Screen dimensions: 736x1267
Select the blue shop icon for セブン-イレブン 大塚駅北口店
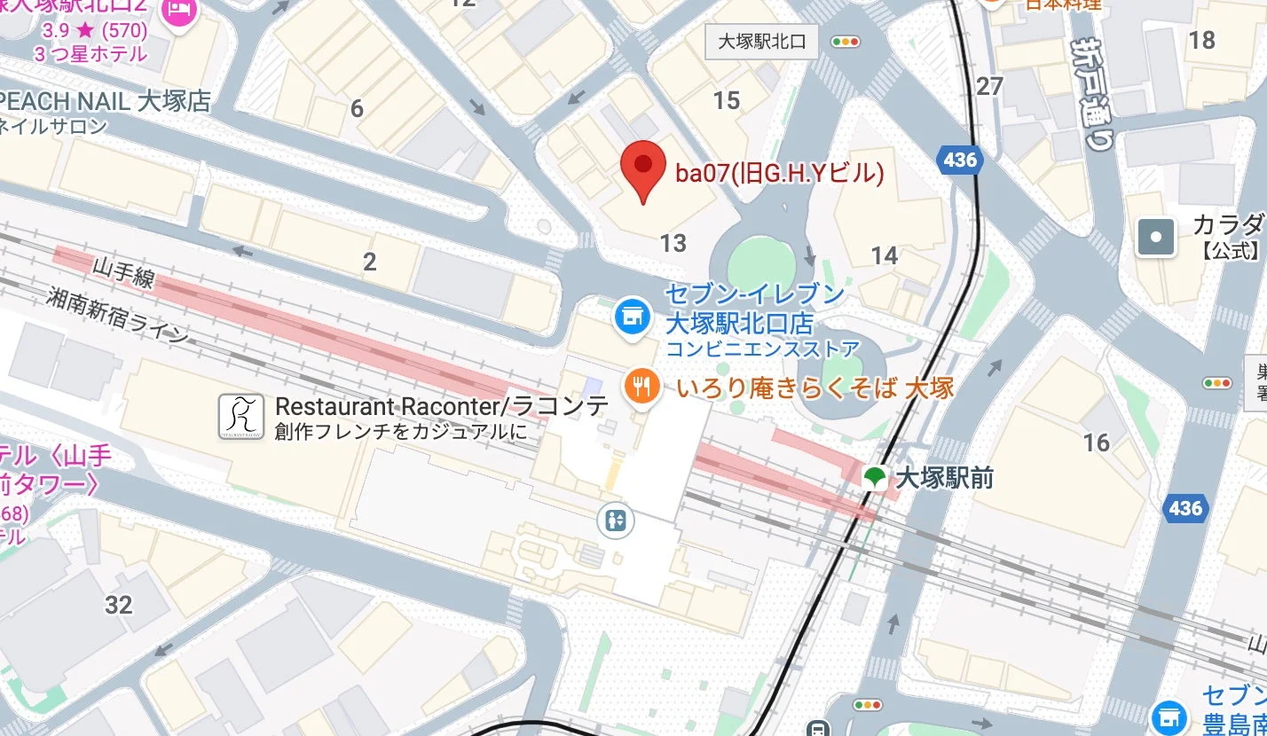point(630,316)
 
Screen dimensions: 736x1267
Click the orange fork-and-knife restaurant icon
point(641,386)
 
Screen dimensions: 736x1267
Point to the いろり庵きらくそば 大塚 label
point(814,388)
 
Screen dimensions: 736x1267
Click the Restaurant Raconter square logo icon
point(241,417)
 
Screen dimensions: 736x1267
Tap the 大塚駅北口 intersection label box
point(761,41)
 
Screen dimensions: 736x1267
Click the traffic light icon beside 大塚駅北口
point(846,42)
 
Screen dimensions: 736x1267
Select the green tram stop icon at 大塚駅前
point(875,478)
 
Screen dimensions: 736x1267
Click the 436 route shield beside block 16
point(1184,508)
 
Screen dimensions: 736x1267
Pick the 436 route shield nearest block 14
point(960,161)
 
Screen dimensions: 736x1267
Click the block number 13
point(673,242)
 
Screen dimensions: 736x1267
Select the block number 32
point(118,605)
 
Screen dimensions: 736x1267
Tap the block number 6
point(357,109)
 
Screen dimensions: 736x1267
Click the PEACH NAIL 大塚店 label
point(106,100)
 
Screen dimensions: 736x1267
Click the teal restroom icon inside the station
point(617,521)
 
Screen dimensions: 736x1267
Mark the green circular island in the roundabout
point(761,265)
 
